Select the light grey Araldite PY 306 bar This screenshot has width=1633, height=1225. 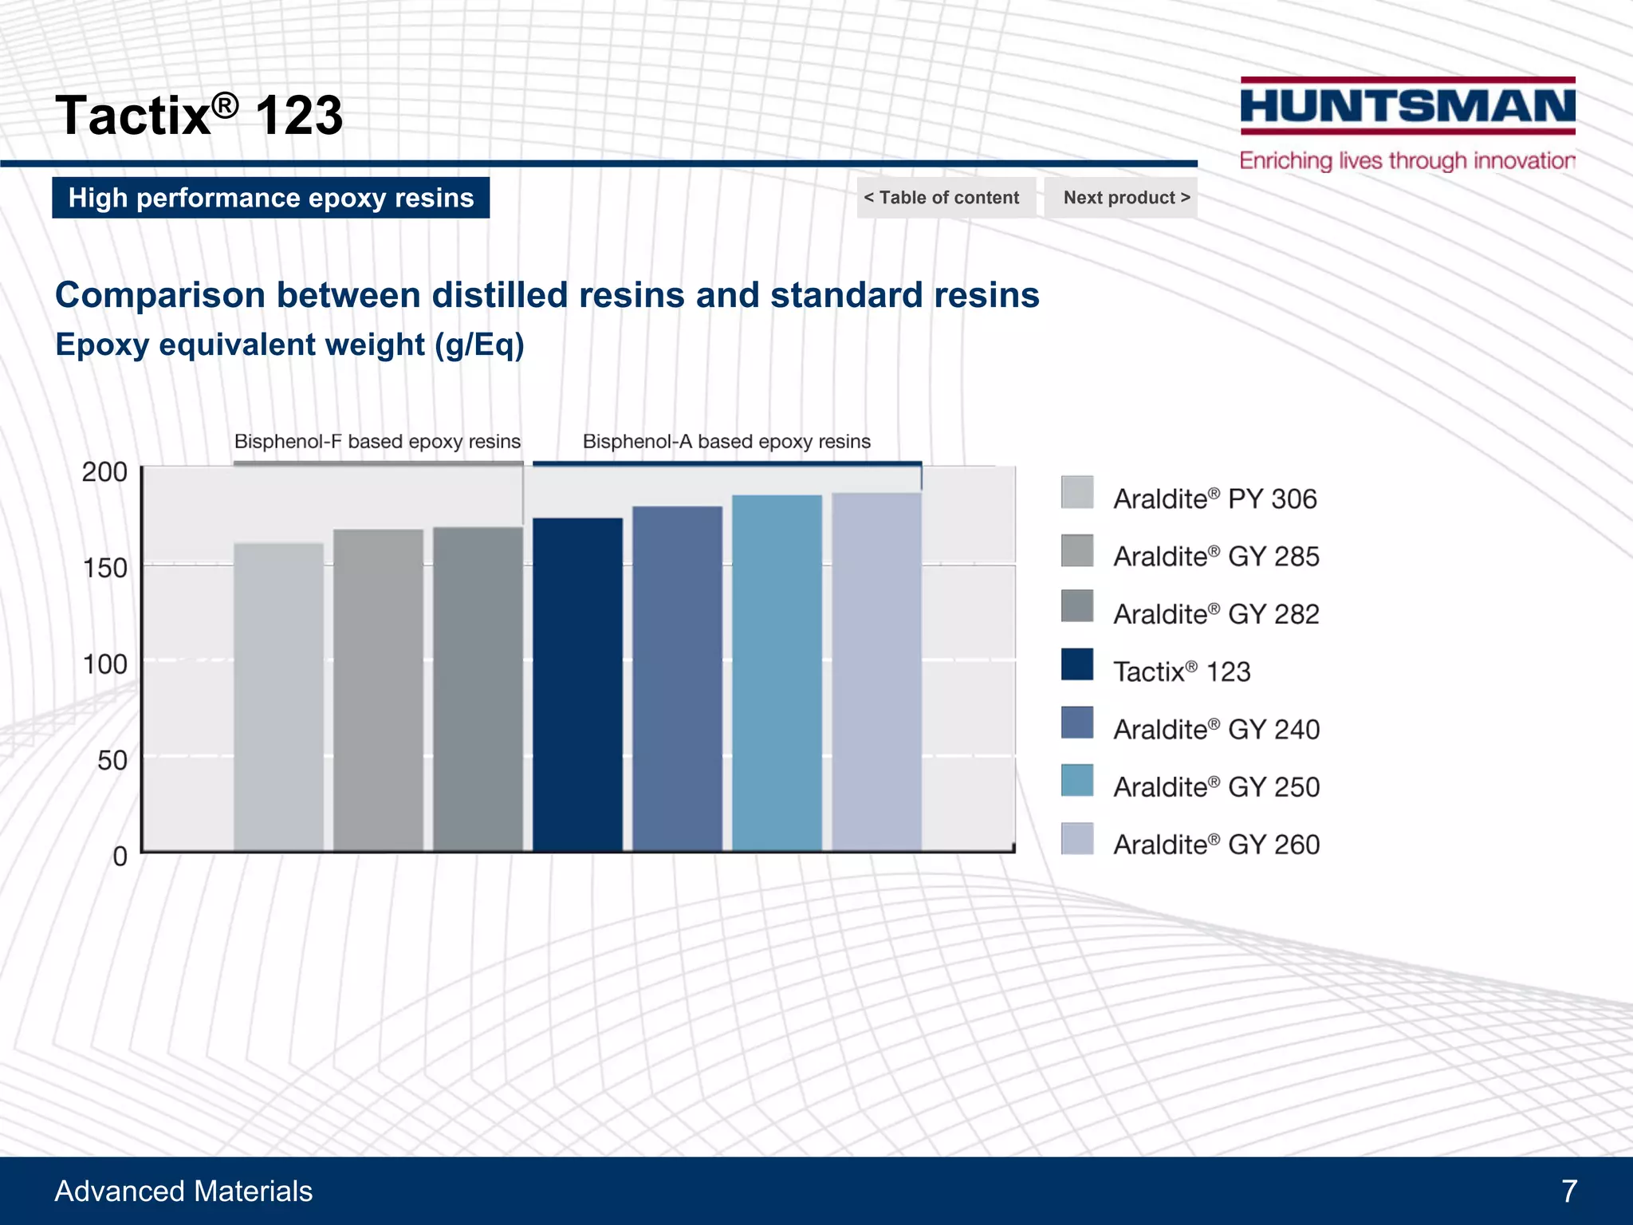[x=278, y=697]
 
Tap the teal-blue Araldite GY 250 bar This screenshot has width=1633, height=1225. [x=777, y=673]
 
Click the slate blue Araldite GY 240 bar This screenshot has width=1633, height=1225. [x=677, y=679]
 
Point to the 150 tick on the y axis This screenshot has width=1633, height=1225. [x=105, y=568]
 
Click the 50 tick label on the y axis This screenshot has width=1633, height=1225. [x=112, y=760]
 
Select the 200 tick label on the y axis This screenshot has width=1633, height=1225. [x=104, y=471]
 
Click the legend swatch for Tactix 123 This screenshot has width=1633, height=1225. [x=1076, y=664]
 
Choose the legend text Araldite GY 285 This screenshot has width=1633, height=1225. [x=1216, y=556]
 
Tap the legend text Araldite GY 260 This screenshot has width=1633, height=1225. [x=1216, y=844]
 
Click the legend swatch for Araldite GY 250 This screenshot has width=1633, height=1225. [x=1076, y=780]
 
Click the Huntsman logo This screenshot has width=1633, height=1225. [x=1407, y=106]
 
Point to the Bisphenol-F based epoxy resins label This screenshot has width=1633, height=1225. [x=377, y=441]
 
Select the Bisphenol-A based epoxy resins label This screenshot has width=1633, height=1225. [x=726, y=441]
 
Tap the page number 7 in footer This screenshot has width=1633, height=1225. [x=1569, y=1191]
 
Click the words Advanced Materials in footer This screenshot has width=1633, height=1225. [x=183, y=1191]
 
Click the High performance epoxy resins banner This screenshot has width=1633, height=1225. [x=271, y=197]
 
